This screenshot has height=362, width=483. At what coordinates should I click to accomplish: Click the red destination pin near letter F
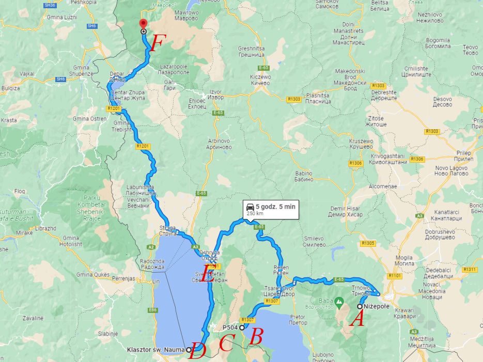coord(143,24)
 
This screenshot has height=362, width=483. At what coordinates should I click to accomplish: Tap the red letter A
coord(357,321)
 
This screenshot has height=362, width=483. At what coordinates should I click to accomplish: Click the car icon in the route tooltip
coord(250,207)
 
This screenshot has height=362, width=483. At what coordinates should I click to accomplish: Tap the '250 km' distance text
coord(254,213)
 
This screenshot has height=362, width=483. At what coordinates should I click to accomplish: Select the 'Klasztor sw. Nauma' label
coord(155,350)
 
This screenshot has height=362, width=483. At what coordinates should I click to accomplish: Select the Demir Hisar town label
coord(346,211)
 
